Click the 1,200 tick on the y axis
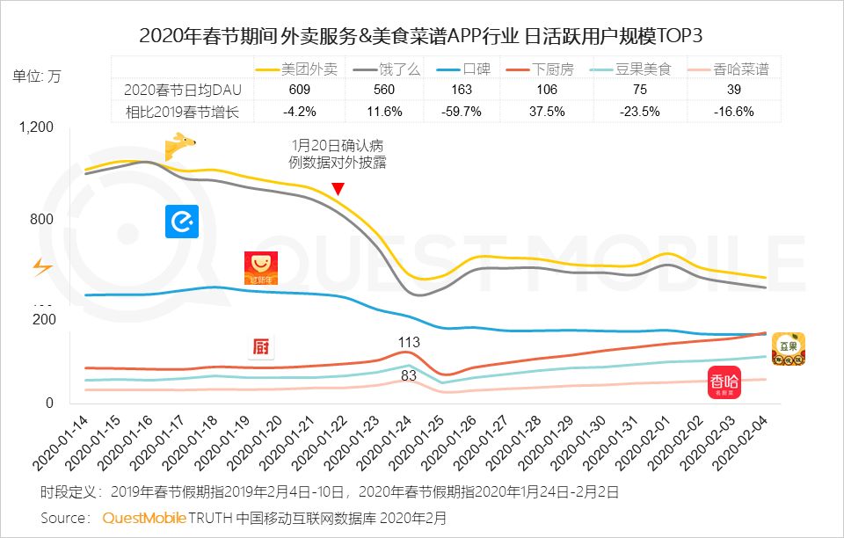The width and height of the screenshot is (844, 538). (37, 127)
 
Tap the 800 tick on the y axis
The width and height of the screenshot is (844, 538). (42, 220)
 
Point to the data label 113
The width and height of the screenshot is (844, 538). (409, 342)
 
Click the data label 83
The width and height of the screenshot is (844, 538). (409, 375)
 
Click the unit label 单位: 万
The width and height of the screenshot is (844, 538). (38, 76)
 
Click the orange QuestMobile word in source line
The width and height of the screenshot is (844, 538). (144, 518)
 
